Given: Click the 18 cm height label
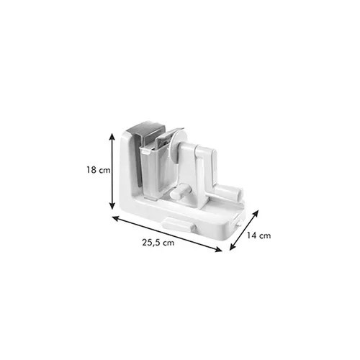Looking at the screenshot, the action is click(99, 170).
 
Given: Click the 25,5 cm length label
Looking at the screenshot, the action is click(158, 243).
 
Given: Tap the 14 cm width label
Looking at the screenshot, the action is click(259, 235).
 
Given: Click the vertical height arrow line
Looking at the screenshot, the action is click(112, 171).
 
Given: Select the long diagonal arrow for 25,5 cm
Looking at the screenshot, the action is click(167, 233).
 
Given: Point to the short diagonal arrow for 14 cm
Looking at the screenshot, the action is click(244, 230).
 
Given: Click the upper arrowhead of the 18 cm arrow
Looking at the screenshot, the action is click(112, 137).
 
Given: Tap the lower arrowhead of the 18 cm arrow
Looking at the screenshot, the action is click(112, 206).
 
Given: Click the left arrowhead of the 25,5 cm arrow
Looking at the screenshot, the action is click(116, 217).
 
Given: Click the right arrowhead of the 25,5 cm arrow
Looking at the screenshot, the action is click(219, 250).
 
